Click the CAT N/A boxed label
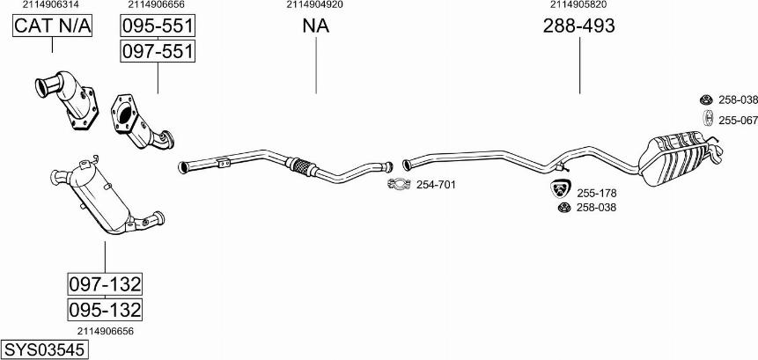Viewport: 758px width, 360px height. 52,26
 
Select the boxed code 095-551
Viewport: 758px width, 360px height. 158,26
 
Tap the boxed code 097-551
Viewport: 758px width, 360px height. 158,51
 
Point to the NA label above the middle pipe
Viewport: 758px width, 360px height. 316,26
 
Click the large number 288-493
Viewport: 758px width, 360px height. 579,26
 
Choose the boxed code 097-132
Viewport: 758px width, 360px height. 105,283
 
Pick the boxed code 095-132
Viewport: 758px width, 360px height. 105,309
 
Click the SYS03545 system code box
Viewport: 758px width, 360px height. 45,349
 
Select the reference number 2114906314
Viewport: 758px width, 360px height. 51,4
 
